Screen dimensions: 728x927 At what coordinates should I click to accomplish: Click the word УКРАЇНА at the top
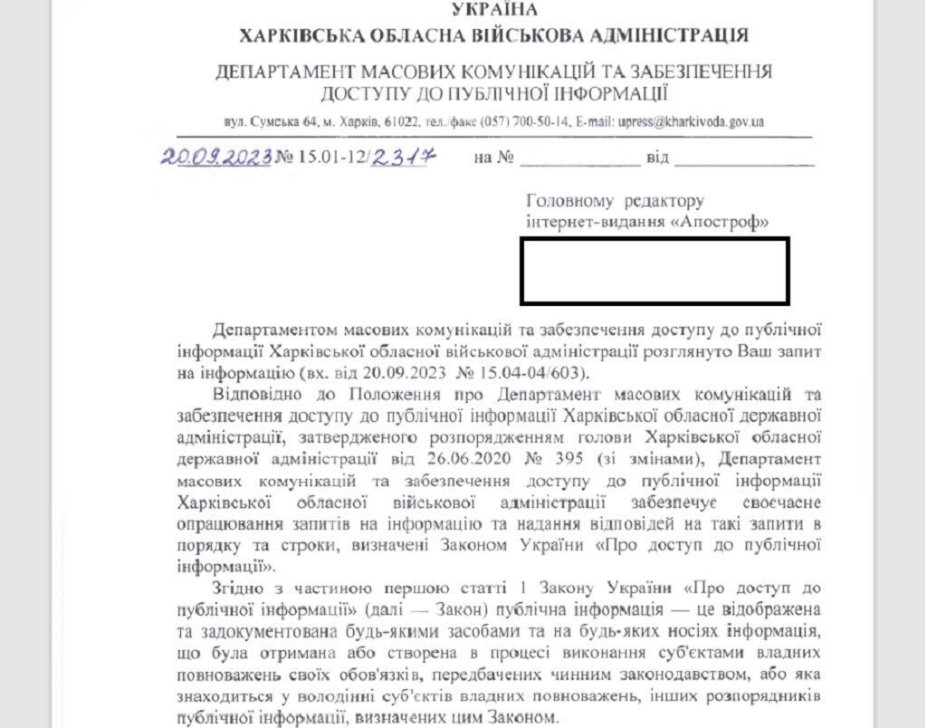[x=493, y=10]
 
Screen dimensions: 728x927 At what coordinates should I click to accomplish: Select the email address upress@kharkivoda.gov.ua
[x=687, y=121]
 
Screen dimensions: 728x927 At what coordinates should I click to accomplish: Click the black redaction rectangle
[x=654, y=271]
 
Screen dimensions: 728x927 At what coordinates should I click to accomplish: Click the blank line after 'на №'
[x=579, y=161]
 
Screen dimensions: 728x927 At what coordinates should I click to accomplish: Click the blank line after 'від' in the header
[x=744, y=161]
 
